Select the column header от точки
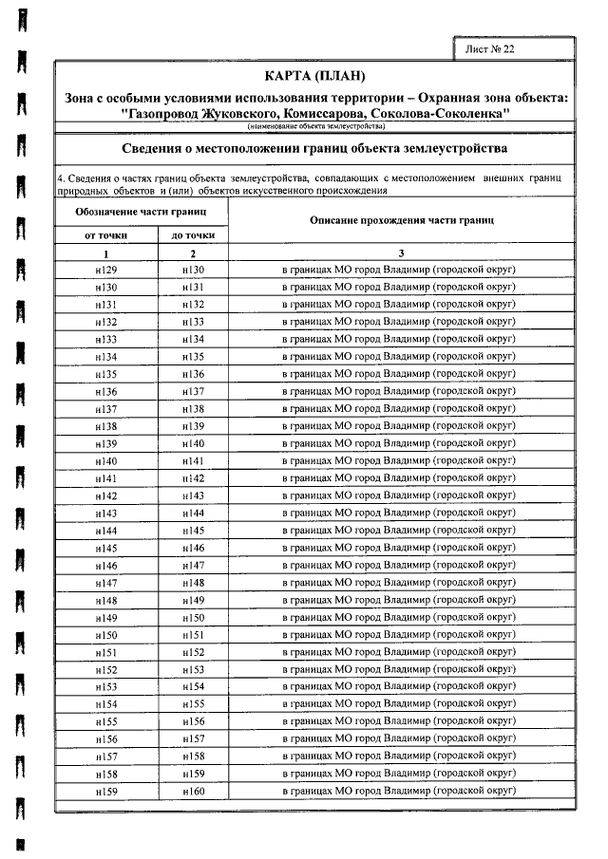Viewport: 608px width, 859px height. pyautogui.click(x=106, y=234)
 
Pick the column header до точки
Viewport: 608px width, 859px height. pyautogui.click(x=193, y=234)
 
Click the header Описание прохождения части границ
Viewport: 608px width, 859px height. pyautogui.click(x=402, y=219)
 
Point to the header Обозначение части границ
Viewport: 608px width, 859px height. pyautogui.click(x=142, y=211)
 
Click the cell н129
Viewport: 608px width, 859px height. pyautogui.click(x=106, y=270)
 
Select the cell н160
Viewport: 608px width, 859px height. pyautogui.click(x=193, y=790)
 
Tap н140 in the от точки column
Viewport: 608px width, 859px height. pyautogui.click(x=106, y=460)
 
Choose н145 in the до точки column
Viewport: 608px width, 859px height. pyautogui.click(x=193, y=530)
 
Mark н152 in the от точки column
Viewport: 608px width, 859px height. pyautogui.click(x=106, y=668)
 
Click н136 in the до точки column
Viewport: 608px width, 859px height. pyautogui.click(x=193, y=374)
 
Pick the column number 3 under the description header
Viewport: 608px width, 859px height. pyautogui.click(x=402, y=252)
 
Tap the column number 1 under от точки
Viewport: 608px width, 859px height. pyautogui.click(x=106, y=252)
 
